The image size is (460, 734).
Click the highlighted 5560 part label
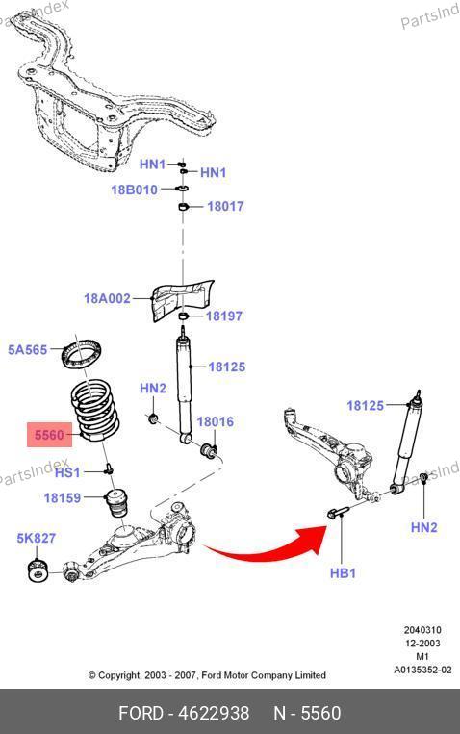point(49,435)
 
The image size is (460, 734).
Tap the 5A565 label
point(28,349)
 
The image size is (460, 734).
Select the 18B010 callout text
point(134,190)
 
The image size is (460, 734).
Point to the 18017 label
point(226,206)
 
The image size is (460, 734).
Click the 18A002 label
point(107,298)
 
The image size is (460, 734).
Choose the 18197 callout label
point(224,316)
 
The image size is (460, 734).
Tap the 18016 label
point(215,421)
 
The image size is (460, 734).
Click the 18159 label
point(63,497)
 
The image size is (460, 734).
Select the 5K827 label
point(37,539)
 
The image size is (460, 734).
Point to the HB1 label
point(343,573)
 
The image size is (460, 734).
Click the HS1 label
point(67,472)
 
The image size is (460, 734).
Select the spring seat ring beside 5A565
point(83,353)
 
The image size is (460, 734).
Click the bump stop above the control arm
point(117,502)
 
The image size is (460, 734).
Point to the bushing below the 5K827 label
point(38,569)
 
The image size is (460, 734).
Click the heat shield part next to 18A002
point(183,300)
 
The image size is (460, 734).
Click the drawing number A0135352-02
point(422,670)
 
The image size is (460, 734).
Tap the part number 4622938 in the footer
point(214,714)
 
